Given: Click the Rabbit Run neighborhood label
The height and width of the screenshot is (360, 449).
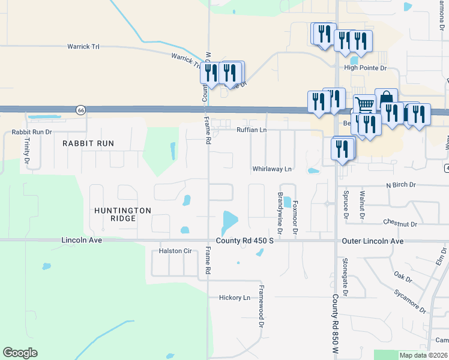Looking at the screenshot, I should tap(88, 143).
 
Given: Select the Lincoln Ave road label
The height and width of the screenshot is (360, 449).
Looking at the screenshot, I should tap(82, 240).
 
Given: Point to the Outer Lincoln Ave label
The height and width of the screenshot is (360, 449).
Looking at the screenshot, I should tap(373, 241).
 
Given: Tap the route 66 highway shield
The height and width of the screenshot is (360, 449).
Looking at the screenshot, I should tap(80, 110).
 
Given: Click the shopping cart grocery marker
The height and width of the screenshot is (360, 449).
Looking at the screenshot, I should tap(364, 104).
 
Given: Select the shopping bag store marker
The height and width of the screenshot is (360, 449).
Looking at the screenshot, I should tap(386, 98).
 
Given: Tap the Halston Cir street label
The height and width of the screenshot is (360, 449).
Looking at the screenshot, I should tap(175, 251).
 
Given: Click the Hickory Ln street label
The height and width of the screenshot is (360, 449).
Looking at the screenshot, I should tap(234, 298).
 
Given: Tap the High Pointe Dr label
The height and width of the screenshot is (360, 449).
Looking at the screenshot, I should tap(365, 68).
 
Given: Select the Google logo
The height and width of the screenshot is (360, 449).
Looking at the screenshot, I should tap(20, 353).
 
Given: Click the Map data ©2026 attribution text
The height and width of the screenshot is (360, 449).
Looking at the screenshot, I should tap(423, 355).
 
